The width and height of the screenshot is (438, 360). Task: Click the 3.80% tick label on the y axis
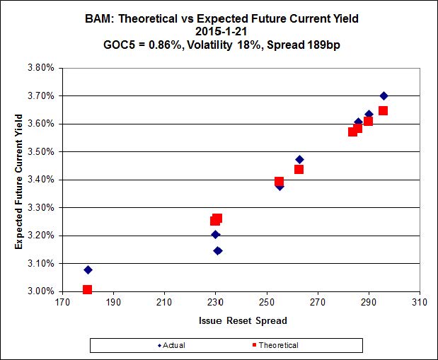(x=41, y=68)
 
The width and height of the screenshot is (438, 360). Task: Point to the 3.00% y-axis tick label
(x=41, y=291)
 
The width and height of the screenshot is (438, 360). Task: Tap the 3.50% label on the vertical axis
(x=41, y=151)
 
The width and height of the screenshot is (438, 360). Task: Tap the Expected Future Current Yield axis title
(x=19, y=179)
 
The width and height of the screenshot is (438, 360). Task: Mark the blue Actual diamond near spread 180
(x=88, y=269)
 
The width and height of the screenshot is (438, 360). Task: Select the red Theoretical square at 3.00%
(x=87, y=289)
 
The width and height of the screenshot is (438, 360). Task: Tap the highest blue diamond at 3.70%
(x=384, y=95)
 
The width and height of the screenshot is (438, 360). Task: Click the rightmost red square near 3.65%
(x=383, y=110)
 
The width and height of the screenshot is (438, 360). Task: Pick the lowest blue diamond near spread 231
(x=218, y=250)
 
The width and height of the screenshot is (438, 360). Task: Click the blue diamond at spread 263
(x=299, y=159)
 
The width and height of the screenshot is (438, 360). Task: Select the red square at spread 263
(x=299, y=169)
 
